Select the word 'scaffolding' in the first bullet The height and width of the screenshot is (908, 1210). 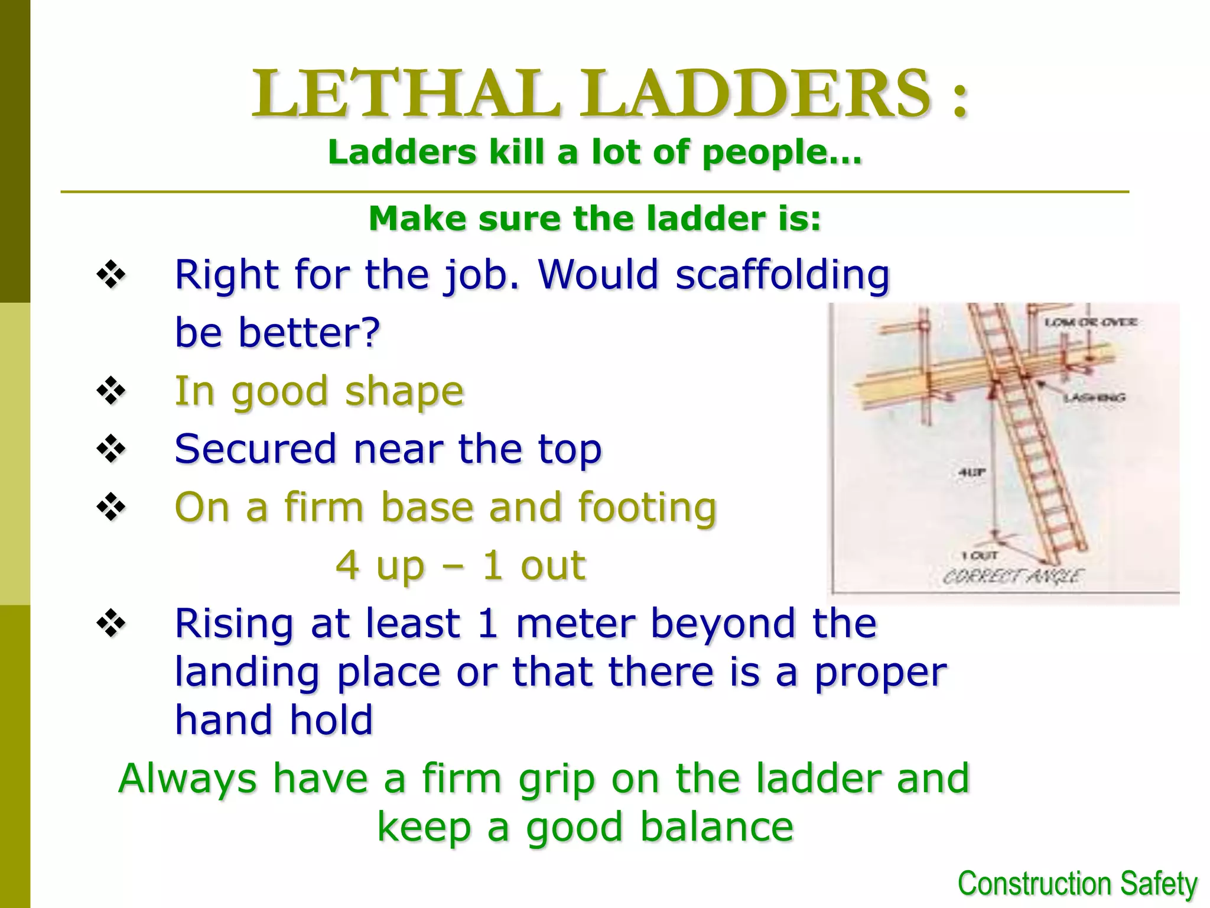pos(782,275)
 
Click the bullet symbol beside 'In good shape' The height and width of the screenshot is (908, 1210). pos(111,391)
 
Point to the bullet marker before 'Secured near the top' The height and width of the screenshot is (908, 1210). pos(111,449)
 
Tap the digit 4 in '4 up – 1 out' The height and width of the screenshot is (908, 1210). pos(347,565)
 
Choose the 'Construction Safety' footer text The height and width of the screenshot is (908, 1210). pos(1077,884)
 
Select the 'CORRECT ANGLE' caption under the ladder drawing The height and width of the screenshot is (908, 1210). pos(1013,576)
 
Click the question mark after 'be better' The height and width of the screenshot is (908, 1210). pos(370,332)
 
